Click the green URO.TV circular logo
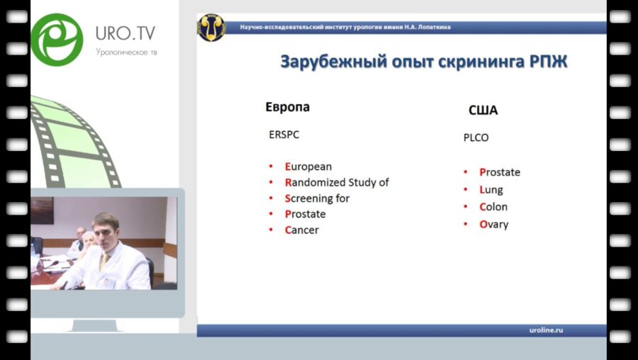[x=57, y=40]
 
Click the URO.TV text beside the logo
[x=125, y=33]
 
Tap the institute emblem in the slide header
[x=211, y=28]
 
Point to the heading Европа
[x=288, y=107]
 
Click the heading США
[x=483, y=111]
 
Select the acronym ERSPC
[x=284, y=135]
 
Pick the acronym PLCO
[x=476, y=137]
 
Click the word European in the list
[x=308, y=167]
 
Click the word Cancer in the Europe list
[x=301, y=230]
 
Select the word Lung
[x=491, y=190]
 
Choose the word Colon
[x=493, y=207]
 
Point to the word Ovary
[x=494, y=225]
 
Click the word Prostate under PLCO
[x=500, y=172]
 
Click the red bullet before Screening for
[x=271, y=198]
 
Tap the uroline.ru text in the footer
[x=546, y=330]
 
